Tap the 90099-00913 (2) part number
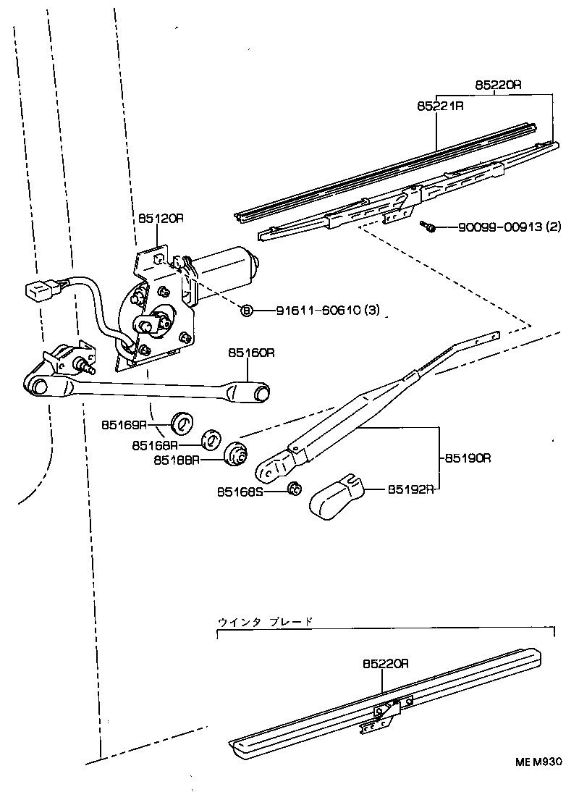click(509, 227)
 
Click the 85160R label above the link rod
click(251, 353)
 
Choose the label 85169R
click(124, 425)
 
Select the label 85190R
click(468, 458)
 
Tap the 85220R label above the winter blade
click(386, 663)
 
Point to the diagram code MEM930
click(538, 762)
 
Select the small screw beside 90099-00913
click(428, 227)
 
